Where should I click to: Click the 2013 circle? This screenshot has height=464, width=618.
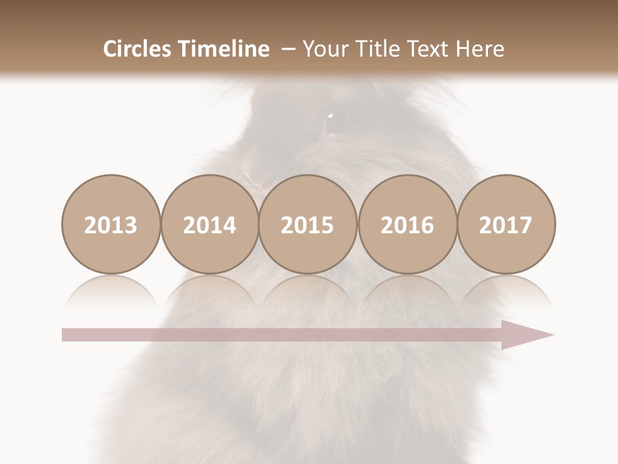[111, 224]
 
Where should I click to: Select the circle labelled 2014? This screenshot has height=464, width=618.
[210, 224]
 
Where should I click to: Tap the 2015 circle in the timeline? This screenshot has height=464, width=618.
[308, 224]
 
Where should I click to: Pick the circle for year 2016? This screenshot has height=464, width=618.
[407, 224]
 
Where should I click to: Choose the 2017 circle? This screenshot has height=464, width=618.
[506, 224]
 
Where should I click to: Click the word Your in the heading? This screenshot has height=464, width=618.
[324, 49]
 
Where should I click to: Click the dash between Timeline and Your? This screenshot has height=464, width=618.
[288, 49]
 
